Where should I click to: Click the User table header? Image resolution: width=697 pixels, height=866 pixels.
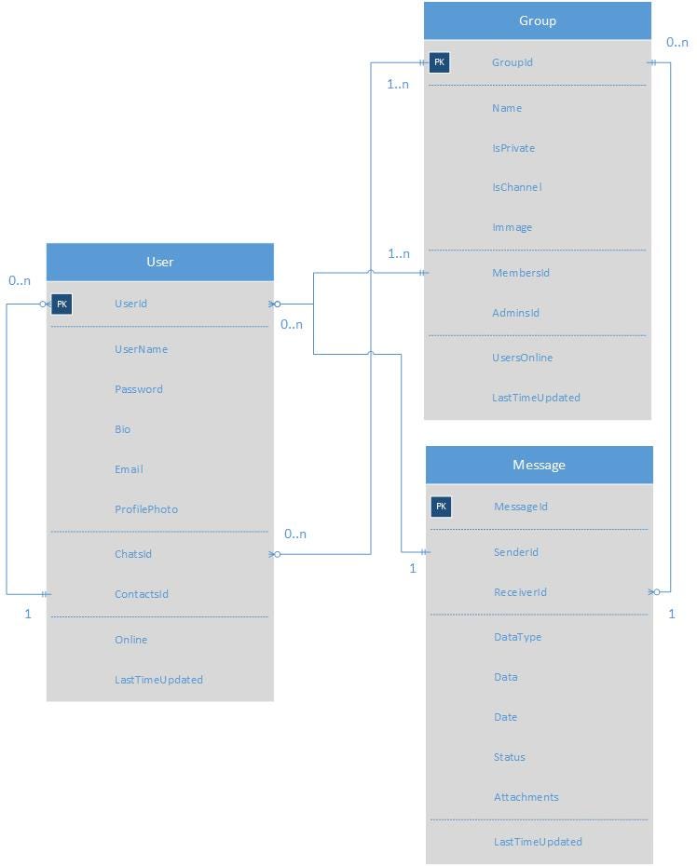[160, 262]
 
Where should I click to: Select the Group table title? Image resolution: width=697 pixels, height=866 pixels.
[538, 20]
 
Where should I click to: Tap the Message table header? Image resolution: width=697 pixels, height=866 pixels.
[539, 465]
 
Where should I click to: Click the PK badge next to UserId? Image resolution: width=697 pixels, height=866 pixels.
[61, 304]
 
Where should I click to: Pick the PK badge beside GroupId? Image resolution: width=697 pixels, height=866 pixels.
[440, 62]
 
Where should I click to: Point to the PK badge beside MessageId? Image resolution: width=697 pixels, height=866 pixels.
[442, 507]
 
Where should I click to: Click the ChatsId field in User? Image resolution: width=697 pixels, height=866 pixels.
[133, 554]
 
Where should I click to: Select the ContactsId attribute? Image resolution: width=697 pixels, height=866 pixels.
[142, 594]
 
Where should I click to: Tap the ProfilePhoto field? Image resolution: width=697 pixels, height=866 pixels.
[146, 509]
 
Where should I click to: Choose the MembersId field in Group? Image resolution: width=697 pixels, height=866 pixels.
[521, 273]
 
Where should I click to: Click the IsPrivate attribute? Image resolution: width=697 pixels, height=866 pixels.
[513, 148]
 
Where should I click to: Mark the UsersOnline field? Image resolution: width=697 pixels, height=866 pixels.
[522, 358]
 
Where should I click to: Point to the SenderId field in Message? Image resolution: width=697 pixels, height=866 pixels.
[516, 552]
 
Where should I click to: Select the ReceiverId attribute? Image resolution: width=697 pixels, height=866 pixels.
[520, 592]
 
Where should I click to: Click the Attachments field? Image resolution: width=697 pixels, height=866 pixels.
[526, 797]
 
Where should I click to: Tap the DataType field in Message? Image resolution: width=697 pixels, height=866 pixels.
[517, 637]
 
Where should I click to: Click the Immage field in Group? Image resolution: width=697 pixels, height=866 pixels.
[512, 227]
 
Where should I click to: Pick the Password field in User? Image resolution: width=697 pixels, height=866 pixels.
[139, 389]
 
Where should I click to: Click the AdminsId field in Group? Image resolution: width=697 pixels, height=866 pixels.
[516, 313]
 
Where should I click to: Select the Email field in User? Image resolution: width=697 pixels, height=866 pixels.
[129, 469]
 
